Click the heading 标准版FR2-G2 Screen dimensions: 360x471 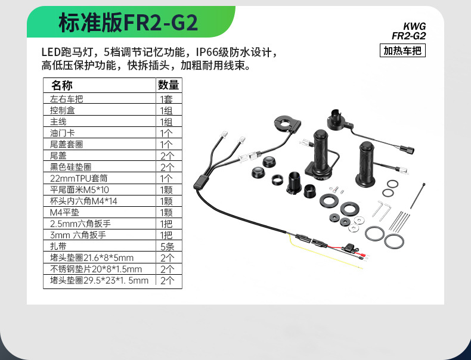point(128,23)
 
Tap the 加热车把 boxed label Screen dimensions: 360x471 point(402,51)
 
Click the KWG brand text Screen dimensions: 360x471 point(415,26)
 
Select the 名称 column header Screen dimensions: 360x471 point(62,85)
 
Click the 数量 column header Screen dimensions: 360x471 point(168,85)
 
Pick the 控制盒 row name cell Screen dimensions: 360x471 point(63,110)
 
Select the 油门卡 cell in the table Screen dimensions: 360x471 point(63,133)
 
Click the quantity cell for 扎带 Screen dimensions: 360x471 point(166,246)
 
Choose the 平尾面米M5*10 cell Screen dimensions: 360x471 point(80,190)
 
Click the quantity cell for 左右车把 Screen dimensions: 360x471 point(166,99)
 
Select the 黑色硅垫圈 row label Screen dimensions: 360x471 point(75,167)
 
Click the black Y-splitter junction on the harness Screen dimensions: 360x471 point(202,181)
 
